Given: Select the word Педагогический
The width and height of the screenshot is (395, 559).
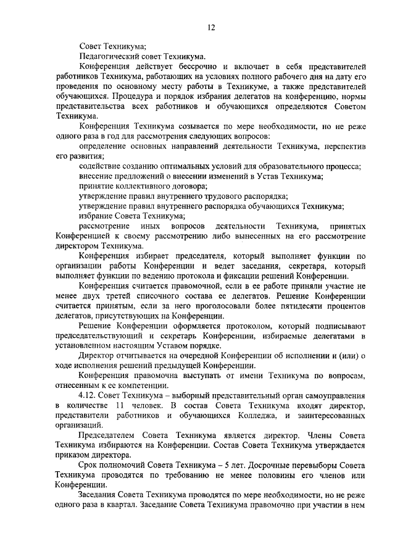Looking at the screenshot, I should [110, 55].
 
